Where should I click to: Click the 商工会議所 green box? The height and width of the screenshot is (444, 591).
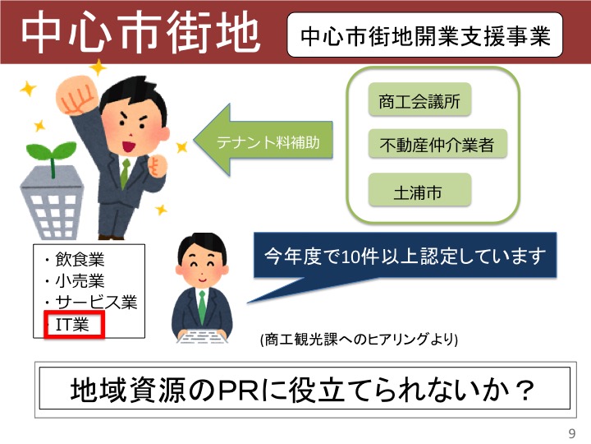point(419,99)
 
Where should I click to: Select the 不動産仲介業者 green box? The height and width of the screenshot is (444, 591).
point(438,143)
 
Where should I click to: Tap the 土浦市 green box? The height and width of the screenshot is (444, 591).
point(419,190)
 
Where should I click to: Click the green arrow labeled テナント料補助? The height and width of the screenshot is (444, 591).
point(263,140)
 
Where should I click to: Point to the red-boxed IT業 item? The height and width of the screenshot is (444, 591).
point(74,324)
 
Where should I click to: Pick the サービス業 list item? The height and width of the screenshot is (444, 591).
point(91,302)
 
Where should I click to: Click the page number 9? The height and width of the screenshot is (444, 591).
point(572,433)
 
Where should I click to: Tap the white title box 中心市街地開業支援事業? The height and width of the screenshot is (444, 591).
point(425,35)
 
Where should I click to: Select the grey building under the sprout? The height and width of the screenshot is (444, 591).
point(53,202)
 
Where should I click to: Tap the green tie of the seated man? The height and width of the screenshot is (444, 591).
point(203,307)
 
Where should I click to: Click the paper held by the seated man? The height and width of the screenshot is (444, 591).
point(203,336)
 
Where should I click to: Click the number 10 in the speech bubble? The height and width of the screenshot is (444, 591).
point(350,257)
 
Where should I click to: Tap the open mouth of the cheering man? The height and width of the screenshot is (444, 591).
point(129,146)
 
